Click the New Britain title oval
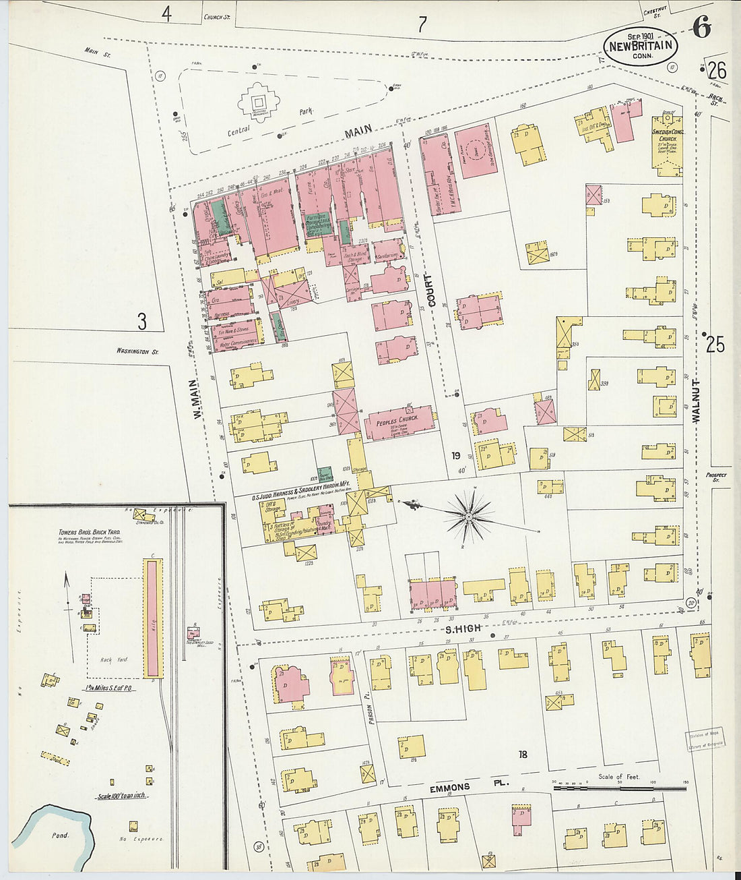tap(640, 47)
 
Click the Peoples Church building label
tap(397, 419)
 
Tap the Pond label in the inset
tap(61, 835)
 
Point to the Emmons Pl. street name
tap(469, 786)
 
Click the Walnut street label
tap(696, 401)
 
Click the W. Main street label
tap(198, 400)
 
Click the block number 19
tap(457, 456)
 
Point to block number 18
tap(523, 754)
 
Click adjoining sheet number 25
tap(715, 345)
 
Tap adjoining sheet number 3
tap(141, 322)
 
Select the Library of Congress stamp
tap(705, 740)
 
